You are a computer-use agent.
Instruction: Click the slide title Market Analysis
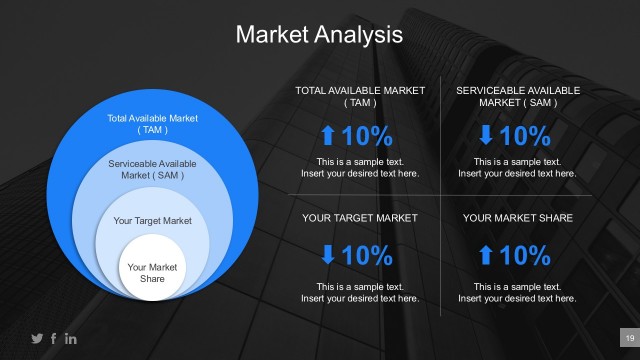(319, 35)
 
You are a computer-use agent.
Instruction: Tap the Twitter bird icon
(38, 339)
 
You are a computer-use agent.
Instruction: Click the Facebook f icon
(54, 339)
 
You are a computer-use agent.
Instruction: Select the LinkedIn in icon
(71, 339)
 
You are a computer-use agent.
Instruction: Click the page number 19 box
(629, 339)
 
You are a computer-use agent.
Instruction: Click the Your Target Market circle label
(153, 221)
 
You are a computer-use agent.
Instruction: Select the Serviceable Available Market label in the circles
(153, 169)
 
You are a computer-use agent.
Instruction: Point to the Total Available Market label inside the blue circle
(153, 124)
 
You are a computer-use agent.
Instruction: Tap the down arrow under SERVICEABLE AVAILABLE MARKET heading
(485, 136)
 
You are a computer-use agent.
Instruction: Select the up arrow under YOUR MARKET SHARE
(485, 256)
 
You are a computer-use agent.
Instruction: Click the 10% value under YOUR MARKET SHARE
(526, 256)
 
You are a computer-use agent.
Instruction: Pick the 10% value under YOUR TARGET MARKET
(368, 256)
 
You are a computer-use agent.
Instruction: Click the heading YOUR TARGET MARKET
(360, 217)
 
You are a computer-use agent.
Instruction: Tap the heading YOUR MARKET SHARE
(518, 217)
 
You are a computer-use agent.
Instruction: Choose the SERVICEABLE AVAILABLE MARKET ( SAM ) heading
(518, 96)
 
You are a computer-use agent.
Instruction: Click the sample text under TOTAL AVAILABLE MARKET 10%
(360, 167)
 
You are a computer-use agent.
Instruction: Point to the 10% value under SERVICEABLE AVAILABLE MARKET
(526, 136)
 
